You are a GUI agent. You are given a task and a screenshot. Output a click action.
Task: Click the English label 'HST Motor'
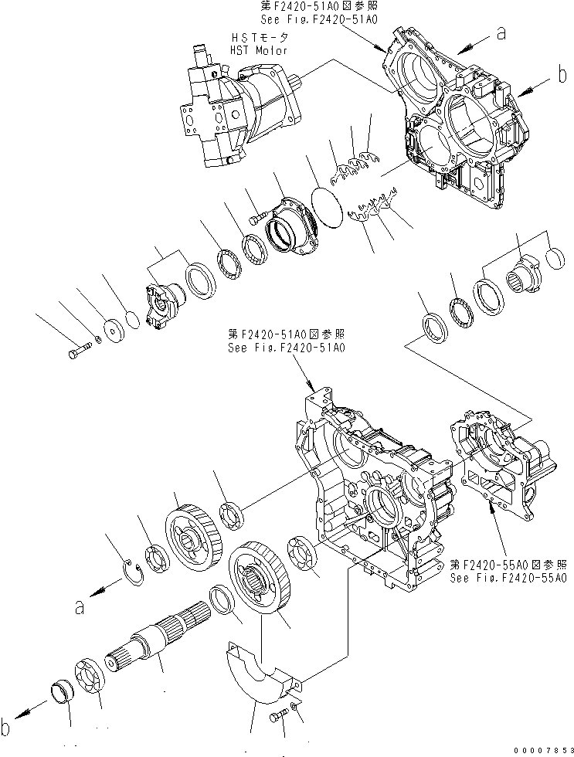tap(258, 50)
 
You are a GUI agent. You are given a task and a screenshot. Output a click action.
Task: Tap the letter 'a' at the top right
tap(501, 32)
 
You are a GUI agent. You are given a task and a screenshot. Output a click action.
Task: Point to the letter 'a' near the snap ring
tap(79, 607)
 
